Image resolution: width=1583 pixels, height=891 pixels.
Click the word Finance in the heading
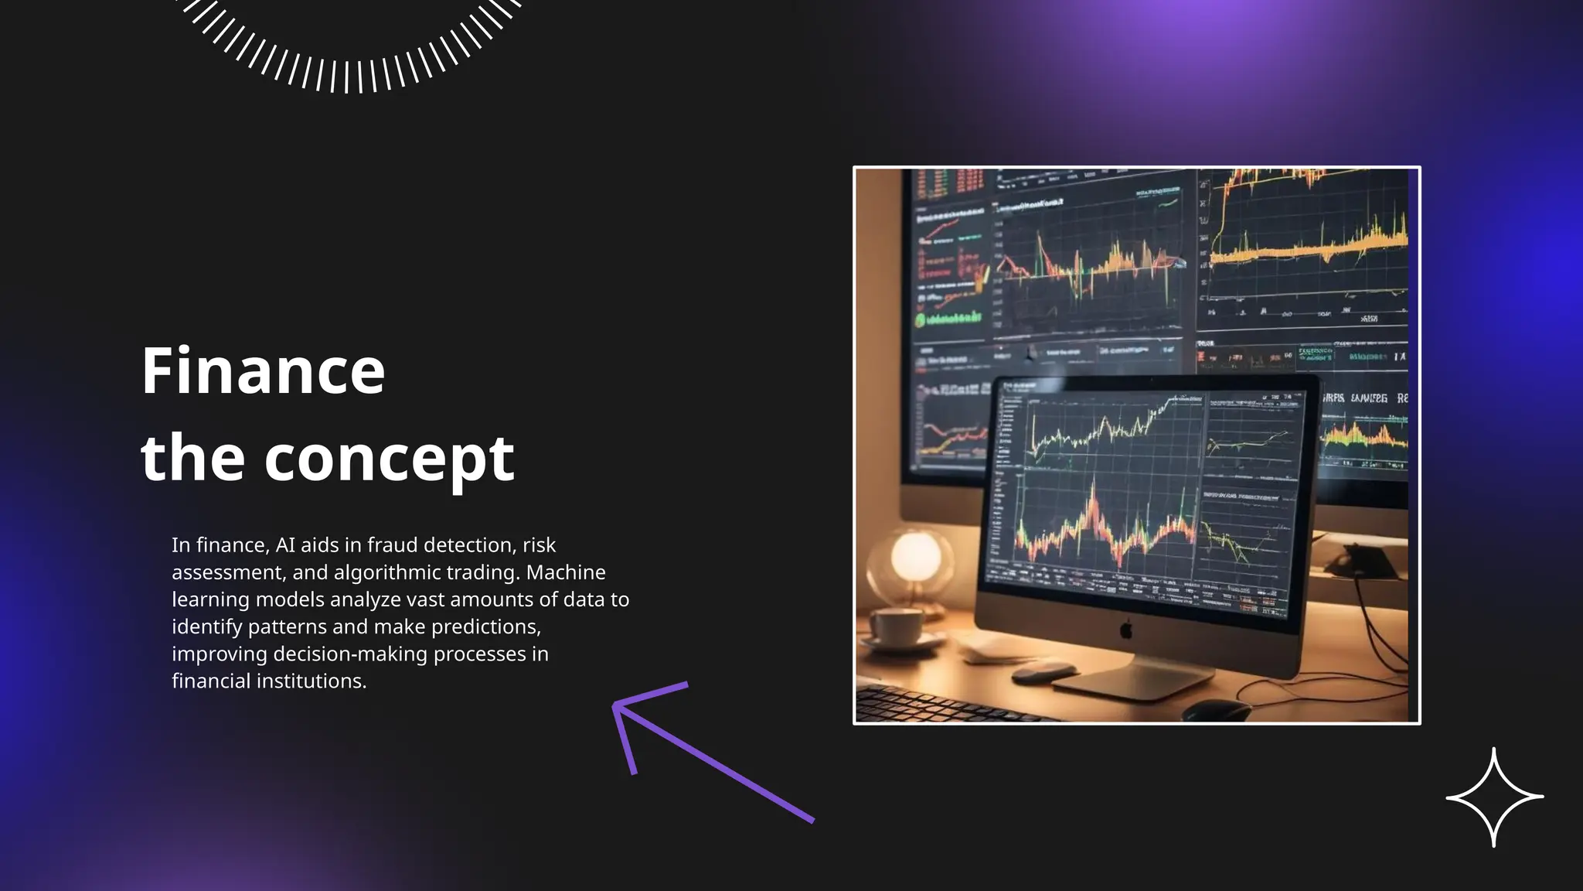tap(263, 371)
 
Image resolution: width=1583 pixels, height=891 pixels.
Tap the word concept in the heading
tap(389, 459)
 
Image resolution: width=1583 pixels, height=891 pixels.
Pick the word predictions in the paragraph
tap(486, 626)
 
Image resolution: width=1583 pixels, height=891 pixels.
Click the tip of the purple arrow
tap(615, 705)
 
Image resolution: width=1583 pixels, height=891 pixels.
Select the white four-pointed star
tap(1494, 797)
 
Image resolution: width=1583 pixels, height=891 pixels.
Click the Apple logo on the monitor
tap(1126, 629)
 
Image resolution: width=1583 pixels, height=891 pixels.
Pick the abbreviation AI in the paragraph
tap(285, 545)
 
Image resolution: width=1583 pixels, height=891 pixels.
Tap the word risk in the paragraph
tap(539, 545)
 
